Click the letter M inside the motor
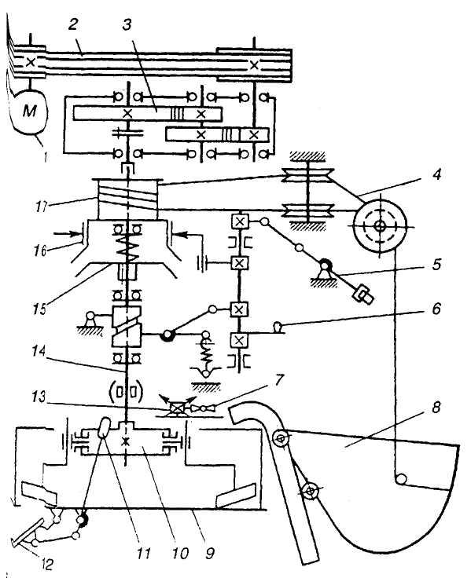(30, 111)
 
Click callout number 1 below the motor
(44, 156)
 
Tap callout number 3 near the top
(127, 24)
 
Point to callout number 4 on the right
(436, 174)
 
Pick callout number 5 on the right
(436, 264)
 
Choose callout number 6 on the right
(436, 308)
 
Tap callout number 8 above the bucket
(436, 408)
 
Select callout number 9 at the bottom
(210, 553)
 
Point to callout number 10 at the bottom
(180, 553)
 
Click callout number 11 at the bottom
(143, 553)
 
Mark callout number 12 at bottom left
(47, 564)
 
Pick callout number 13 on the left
(39, 397)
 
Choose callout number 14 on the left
(39, 351)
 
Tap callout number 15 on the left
(39, 309)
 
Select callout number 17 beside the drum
(42, 206)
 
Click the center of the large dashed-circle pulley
(380, 225)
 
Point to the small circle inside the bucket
(400, 479)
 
